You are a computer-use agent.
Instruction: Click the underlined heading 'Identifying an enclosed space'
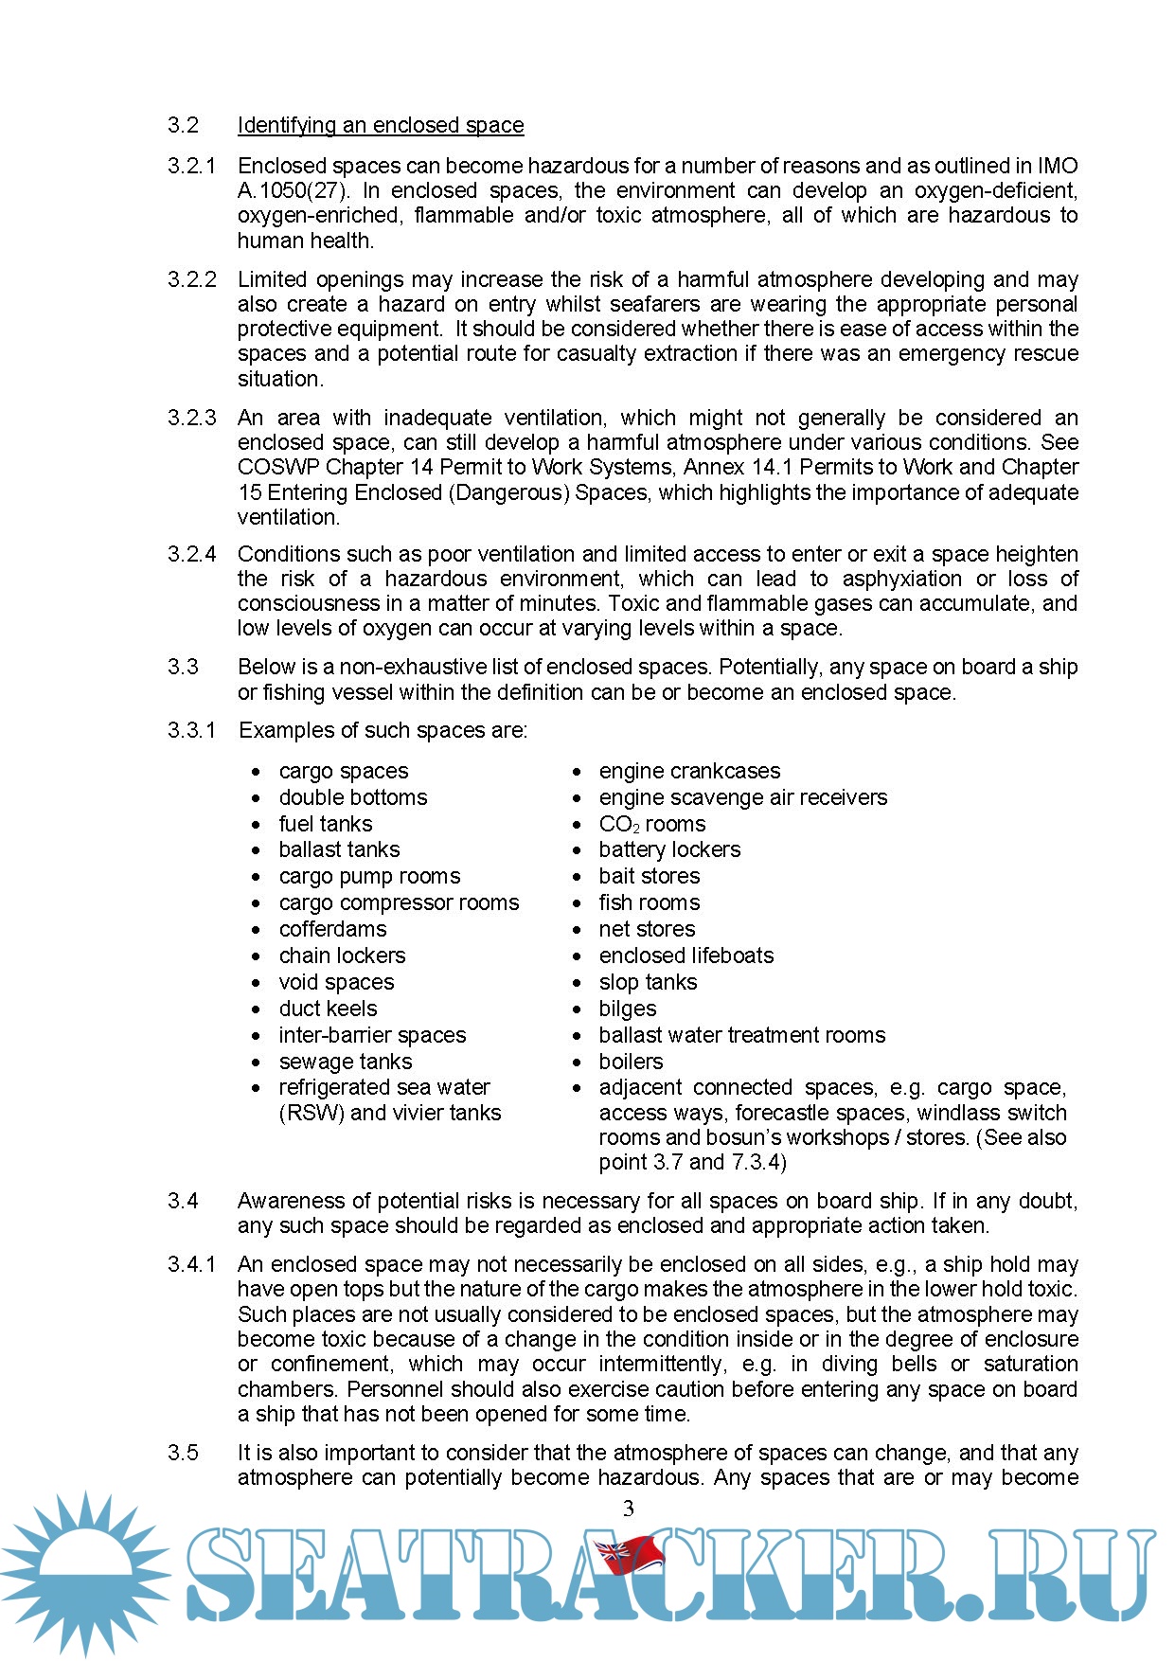click(380, 125)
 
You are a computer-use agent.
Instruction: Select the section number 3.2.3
click(192, 418)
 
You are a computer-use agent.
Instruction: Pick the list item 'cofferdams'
click(332, 929)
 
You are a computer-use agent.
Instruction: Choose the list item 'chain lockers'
click(342, 956)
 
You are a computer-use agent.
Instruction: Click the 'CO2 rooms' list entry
click(651, 824)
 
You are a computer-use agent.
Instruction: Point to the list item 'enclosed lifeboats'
click(685, 956)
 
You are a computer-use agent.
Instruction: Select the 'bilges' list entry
click(627, 1009)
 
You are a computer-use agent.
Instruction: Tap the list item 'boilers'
click(631, 1062)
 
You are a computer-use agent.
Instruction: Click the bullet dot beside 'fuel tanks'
click(256, 825)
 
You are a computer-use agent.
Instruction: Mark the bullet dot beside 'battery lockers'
click(577, 850)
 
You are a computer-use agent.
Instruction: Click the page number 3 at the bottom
click(628, 1509)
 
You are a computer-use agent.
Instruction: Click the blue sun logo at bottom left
click(85, 1572)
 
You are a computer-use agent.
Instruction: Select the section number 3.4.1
click(192, 1264)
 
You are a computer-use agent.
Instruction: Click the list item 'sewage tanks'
click(345, 1062)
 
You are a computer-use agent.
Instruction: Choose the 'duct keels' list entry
click(328, 1009)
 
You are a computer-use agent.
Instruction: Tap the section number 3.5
click(184, 1453)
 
